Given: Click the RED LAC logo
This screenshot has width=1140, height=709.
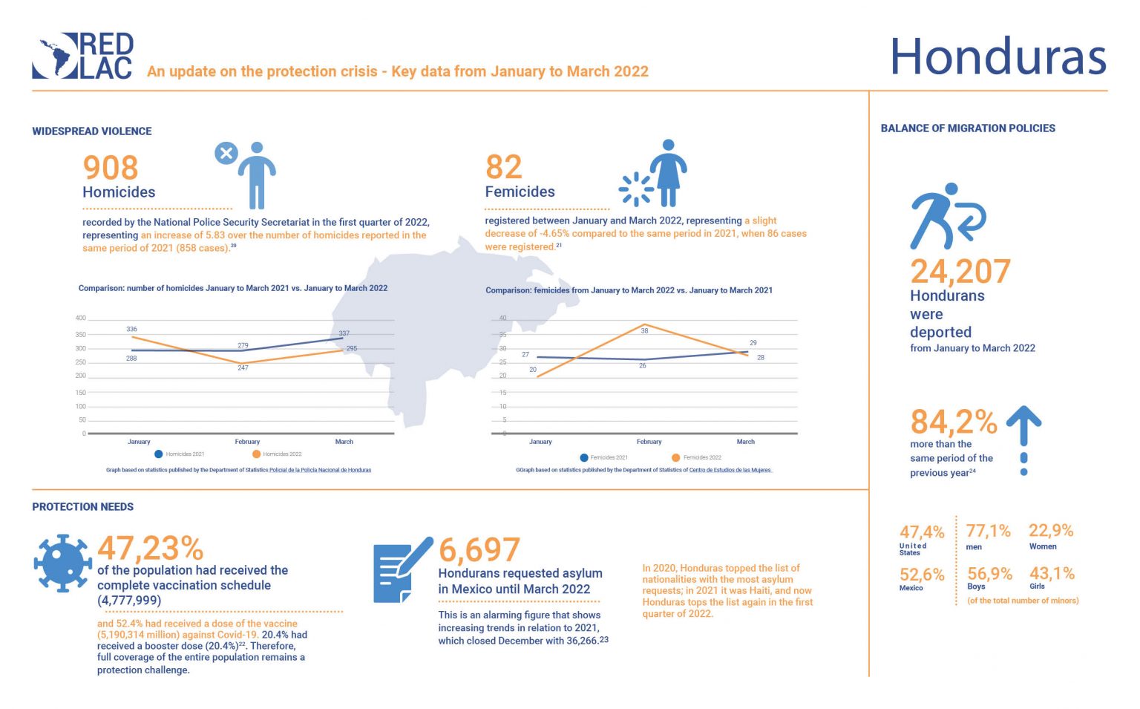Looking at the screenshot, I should point(83,56).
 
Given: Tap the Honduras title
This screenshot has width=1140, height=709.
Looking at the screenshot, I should point(997,57).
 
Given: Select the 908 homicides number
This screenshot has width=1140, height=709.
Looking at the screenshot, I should point(111,168).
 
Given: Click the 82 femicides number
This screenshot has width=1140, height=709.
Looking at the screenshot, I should point(504,167).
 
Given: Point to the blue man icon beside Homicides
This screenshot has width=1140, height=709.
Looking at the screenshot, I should point(256,175).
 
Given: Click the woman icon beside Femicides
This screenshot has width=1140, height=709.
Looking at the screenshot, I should point(668,173).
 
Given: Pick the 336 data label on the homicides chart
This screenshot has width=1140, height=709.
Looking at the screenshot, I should point(132,329).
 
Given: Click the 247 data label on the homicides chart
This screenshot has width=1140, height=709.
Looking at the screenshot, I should point(243,367).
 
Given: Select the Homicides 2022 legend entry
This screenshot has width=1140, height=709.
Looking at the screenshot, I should point(277,454).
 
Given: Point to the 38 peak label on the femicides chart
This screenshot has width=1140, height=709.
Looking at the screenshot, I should point(644,330).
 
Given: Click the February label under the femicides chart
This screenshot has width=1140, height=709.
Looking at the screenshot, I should point(649,442).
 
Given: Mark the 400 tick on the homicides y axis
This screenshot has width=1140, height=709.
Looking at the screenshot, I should point(80,318).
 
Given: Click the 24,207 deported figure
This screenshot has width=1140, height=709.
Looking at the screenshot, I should point(960,272).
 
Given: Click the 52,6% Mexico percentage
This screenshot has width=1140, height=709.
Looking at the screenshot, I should point(922,575).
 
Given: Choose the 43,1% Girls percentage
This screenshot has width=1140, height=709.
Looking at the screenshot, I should point(1052,573).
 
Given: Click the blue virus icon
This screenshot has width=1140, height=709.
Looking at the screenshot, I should point(63,563).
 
